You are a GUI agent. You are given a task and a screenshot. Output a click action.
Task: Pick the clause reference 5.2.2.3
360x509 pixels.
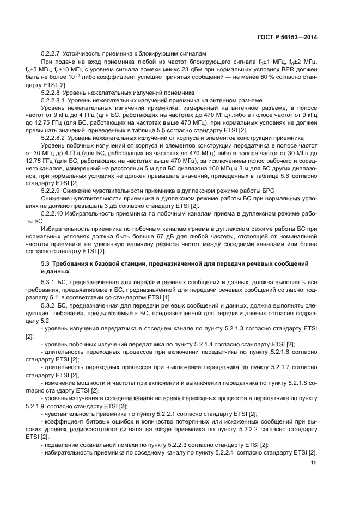[x=172, y=445]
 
